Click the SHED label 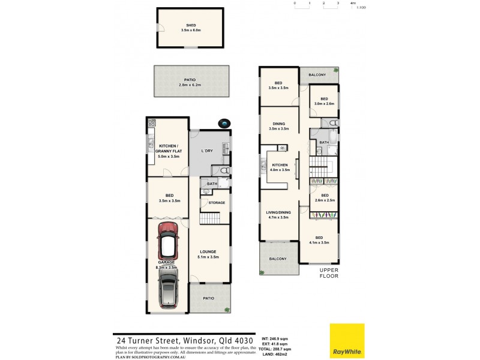click(190, 25)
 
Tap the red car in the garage click(168, 241)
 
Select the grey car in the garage click(168, 287)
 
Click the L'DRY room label click(208, 150)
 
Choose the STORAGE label click(217, 203)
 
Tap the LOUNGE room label click(208, 251)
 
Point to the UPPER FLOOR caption click(329, 274)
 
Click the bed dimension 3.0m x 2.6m click(324, 104)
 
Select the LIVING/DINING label click(279, 212)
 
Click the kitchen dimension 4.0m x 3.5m click(280, 170)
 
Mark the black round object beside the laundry click(224, 123)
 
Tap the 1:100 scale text click(361, 8)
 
